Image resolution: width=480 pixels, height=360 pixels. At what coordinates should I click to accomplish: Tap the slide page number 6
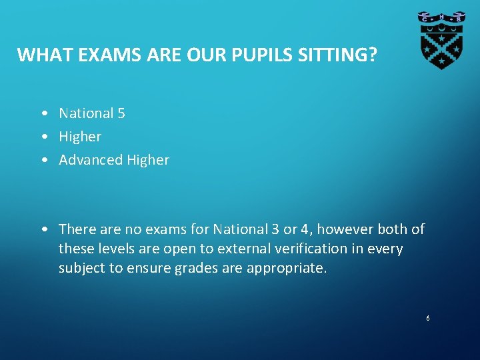[428, 319]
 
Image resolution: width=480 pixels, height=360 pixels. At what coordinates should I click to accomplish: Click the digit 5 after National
[121, 113]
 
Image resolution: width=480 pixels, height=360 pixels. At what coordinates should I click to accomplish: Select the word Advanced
[90, 160]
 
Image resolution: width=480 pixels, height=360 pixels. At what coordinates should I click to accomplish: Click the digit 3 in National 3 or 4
[275, 229]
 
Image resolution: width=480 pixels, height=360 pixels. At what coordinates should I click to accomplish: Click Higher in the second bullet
[80, 137]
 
